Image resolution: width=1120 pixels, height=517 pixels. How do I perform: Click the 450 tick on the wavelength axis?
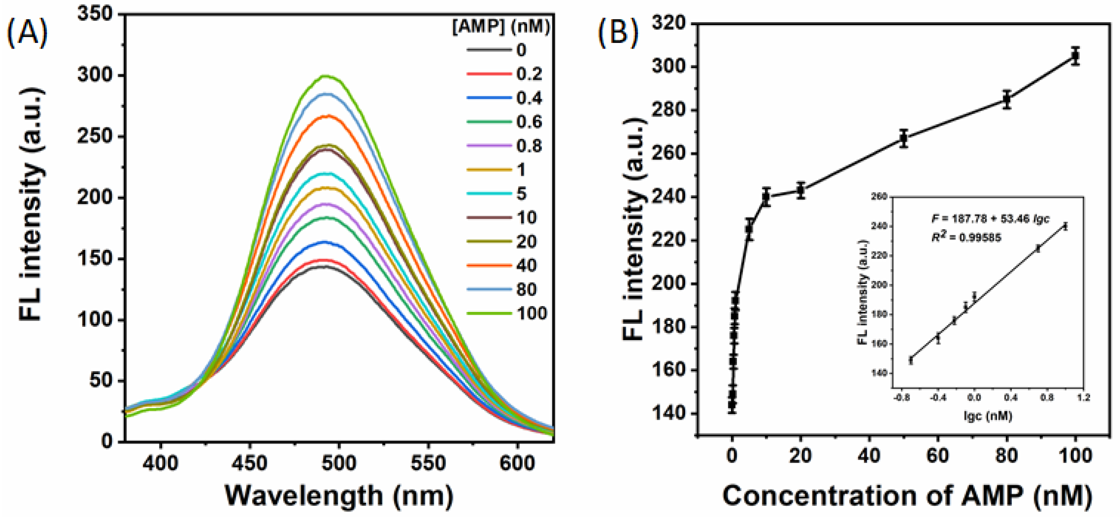point(250,463)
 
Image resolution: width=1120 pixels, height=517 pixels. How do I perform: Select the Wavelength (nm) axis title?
point(339,496)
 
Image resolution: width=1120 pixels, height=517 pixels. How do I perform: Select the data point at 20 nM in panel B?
point(800,190)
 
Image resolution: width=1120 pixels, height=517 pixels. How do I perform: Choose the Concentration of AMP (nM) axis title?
point(907,496)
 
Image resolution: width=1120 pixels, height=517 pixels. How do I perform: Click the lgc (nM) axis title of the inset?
point(987,416)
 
